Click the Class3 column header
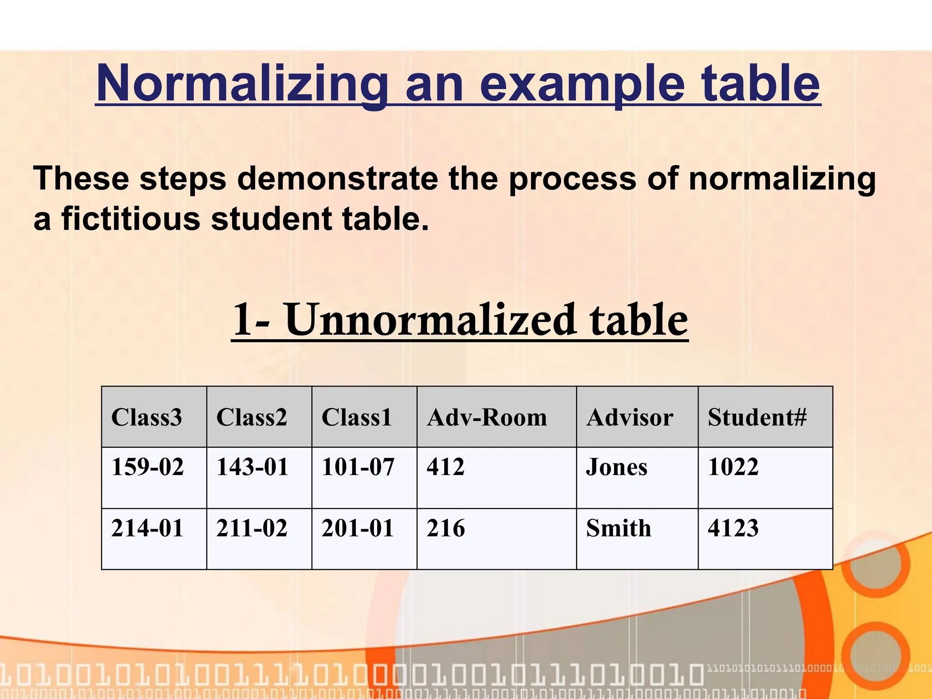click(147, 417)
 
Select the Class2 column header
click(252, 417)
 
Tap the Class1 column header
click(357, 417)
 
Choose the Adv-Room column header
click(487, 417)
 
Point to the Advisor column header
click(630, 417)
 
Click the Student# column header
click(757, 417)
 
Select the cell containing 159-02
click(147, 467)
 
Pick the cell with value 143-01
click(253, 467)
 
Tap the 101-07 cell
click(358, 467)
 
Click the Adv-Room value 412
click(446, 467)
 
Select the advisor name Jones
click(617, 467)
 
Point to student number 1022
click(733, 467)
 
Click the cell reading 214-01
click(147, 528)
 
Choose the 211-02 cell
click(252, 528)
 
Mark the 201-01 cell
click(358, 528)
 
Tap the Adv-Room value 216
click(446, 528)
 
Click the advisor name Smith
click(618, 528)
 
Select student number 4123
click(733, 528)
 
